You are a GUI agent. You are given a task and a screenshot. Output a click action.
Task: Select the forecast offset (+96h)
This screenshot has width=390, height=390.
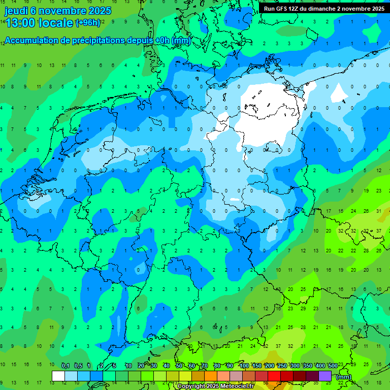[88, 22]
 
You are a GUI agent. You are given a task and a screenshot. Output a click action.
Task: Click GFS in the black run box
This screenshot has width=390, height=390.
[281, 9]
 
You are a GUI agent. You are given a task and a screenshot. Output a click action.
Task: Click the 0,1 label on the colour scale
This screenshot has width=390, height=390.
[66, 366]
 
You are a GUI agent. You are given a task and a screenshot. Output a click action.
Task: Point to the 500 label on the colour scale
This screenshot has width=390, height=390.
[333, 366]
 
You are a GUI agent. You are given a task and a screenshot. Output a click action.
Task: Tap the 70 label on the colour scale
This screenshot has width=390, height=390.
[205, 366]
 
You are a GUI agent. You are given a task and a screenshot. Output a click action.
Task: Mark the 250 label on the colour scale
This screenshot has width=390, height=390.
[282, 366]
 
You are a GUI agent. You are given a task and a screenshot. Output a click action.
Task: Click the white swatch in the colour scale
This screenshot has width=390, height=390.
[58, 376]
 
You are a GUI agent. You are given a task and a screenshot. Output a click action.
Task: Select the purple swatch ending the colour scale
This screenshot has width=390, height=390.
[325, 376]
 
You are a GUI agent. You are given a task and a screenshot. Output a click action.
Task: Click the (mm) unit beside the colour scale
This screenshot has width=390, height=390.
[344, 377]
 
